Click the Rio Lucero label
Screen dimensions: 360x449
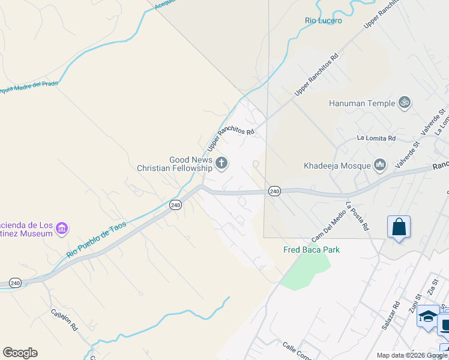pyautogui.click(x=324, y=21)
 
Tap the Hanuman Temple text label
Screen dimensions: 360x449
pyautogui.click(x=362, y=103)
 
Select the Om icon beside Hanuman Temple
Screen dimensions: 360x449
pyautogui.click(x=405, y=103)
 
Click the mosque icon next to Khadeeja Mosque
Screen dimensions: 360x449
pyautogui.click(x=379, y=164)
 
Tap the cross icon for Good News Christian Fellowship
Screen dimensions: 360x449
pyautogui.click(x=221, y=163)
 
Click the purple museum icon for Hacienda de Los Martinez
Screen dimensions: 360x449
pyautogui.click(x=62, y=229)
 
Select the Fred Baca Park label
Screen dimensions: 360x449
pyautogui.click(x=312, y=250)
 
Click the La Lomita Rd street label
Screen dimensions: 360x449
pyautogui.click(x=376, y=138)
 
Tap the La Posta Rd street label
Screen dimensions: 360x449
pyautogui.click(x=356, y=216)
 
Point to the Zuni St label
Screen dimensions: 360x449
pyautogui.click(x=414, y=304)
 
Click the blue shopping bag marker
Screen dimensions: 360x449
pyautogui.click(x=399, y=228)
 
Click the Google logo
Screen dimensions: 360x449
pyautogui.click(x=20, y=353)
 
